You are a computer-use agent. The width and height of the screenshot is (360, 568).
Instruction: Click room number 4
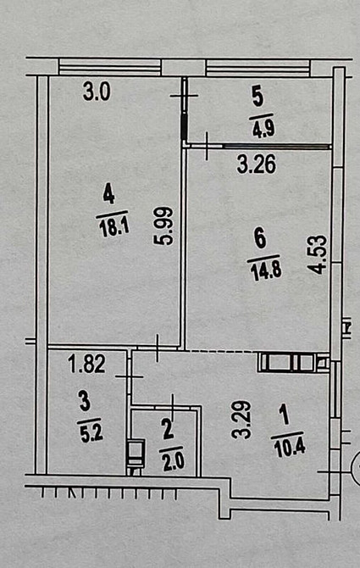[x=108, y=194]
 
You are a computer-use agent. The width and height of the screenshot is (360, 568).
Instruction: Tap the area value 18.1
[x=111, y=227]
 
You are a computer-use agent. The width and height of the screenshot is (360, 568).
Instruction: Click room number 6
[x=259, y=239]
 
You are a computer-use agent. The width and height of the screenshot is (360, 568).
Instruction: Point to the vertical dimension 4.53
[x=317, y=253]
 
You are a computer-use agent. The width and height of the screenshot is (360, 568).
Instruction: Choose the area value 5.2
[x=86, y=428]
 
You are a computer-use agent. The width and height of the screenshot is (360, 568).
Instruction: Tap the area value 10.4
[x=285, y=447]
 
